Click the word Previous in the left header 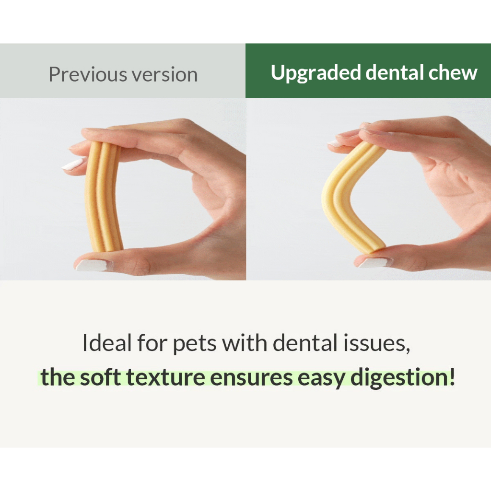click(x=88, y=74)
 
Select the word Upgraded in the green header click(x=316, y=73)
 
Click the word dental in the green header click(x=395, y=73)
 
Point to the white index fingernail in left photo click(x=73, y=164)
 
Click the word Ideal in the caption click(x=107, y=343)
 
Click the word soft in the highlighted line click(x=100, y=377)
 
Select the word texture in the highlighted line click(x=165, y=378)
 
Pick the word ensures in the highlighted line click(x=251, y=379)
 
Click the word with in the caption click(x=245, y=343)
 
